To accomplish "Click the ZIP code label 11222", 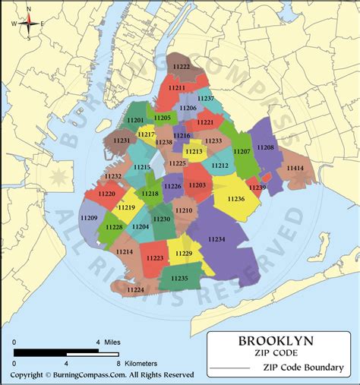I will click(182, 68).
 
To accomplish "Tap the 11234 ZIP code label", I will click(216, 239).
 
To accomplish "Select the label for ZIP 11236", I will click(235, 199).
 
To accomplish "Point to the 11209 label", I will click(89, 219).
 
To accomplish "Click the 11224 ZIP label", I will click(136, 289).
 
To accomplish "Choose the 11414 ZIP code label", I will click(295, 168).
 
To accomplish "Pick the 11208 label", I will click(266, 147).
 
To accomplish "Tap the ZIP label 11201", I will click(137, 121).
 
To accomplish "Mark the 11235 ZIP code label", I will click(180, 279).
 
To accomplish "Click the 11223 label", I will click(154, 258).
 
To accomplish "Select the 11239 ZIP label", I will click(257, 188).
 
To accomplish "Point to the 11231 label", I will click(122, 140).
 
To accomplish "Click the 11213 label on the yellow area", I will click(194, 152).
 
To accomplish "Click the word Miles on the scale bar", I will click(112, 343).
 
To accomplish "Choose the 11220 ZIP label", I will click(106, 194).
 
